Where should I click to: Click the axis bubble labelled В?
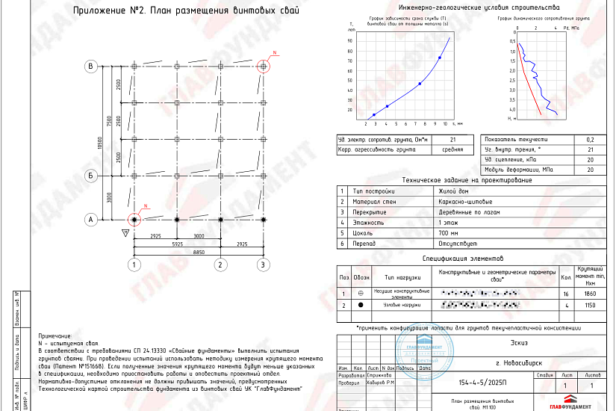[91, 67]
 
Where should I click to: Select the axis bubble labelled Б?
[91, 176]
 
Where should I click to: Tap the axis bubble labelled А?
[91, 220]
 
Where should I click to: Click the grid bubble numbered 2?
[220, 265]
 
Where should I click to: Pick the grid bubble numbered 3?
[263, 265]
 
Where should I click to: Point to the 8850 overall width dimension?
[199, 252]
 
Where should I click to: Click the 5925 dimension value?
[177, 244]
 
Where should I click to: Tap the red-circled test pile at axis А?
[134, 220]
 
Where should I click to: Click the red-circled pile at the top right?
[263, 66]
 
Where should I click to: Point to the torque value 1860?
[590, 294]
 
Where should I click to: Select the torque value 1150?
[590, 305]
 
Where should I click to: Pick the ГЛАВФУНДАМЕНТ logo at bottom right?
[575, 404]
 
